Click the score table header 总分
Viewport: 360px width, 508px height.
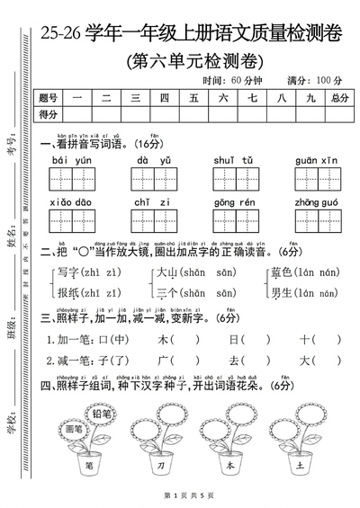(x=338, y=97)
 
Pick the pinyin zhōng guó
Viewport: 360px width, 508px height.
(x=312, y=204)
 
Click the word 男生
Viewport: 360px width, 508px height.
(x=279, y=292)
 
